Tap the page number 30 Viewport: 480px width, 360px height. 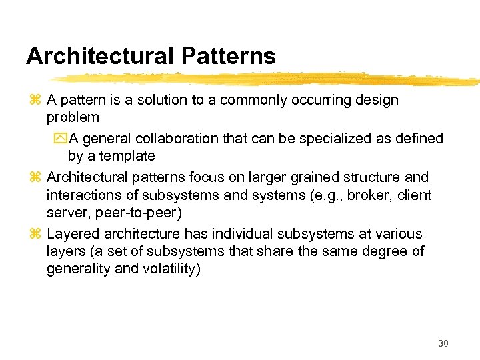(x=443, y=343)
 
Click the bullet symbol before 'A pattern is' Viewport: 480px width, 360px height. (x=36, y=101)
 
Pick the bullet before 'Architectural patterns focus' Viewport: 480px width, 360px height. (x=36, y=178)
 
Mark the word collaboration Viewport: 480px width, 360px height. (x=176, y=139)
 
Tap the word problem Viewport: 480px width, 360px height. (x=73, y=117)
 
